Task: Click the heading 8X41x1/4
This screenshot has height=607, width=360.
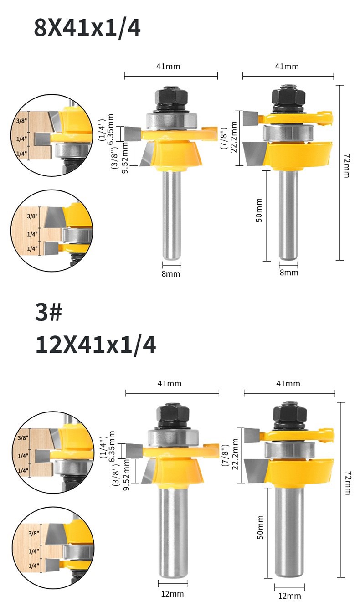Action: click(87, 28)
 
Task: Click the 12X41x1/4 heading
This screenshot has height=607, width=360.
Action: click(96, 345)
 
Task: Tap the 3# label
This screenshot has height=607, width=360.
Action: click(49, 312)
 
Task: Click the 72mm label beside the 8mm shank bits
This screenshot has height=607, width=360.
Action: click(347, 166)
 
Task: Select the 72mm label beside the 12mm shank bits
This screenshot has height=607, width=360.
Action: click(348, 483)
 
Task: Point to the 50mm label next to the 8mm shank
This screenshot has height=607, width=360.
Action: click(259, 210)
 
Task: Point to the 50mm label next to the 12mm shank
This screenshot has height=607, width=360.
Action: click(260, 528)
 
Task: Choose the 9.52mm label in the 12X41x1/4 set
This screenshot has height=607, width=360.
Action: click(126, 475)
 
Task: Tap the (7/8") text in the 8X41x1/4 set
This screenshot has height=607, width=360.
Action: click(225, 139)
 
